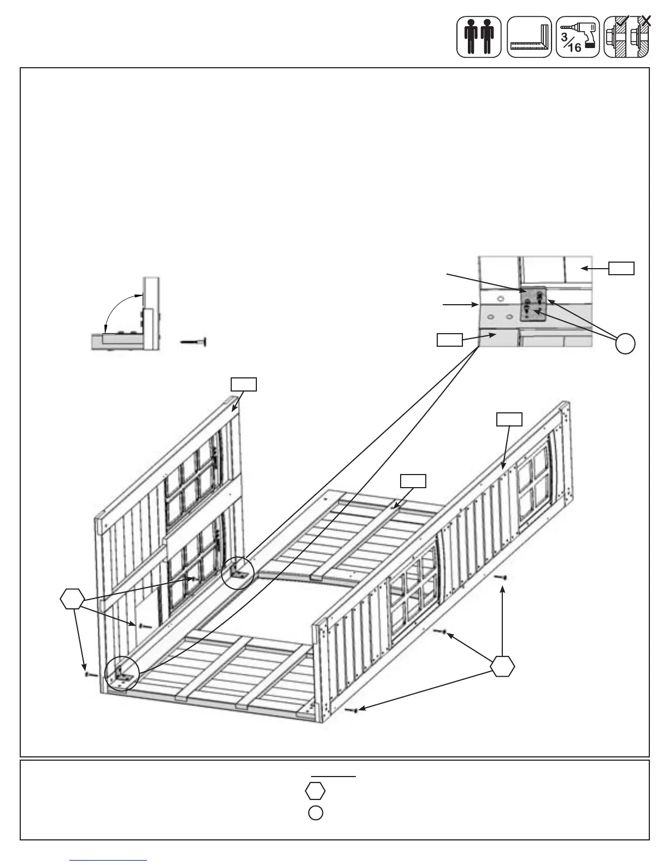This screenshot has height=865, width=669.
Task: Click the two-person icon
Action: pos(479,37)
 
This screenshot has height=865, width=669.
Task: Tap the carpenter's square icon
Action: pos(529,37)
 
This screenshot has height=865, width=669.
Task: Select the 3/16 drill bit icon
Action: pos(578,37)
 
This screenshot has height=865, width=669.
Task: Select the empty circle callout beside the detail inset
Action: pos(625,343)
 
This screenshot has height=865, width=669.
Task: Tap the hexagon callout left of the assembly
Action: pos(73,599)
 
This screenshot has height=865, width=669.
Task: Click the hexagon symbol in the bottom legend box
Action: pos(315,790)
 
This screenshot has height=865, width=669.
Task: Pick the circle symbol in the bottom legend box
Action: pos(315,813)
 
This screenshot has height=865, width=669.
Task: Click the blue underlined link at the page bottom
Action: pos(109,861)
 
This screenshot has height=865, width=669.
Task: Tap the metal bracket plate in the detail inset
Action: pos(533,305)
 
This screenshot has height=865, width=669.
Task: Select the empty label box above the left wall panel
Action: pos(243,384)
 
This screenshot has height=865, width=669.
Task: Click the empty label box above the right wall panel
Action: pos(509,419)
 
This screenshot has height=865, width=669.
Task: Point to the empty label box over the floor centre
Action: pos(413,481)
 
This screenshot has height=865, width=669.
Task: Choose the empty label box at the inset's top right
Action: pos(622,268)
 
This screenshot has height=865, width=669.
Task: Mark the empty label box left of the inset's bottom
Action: pos(449,340)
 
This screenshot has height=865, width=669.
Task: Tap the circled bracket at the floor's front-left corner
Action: pos(123,671)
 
